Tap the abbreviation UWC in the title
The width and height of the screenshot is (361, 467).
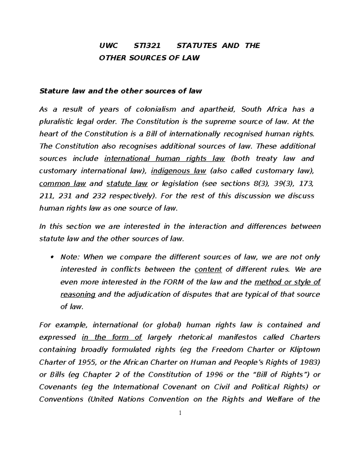(109, 45)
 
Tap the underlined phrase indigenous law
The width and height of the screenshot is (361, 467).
(178, 171)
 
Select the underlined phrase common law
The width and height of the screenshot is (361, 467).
(63, 183)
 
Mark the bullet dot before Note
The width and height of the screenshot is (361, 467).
(52, 257)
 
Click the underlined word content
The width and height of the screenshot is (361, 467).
(208, 269)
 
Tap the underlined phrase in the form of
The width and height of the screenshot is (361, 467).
(112, 337)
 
